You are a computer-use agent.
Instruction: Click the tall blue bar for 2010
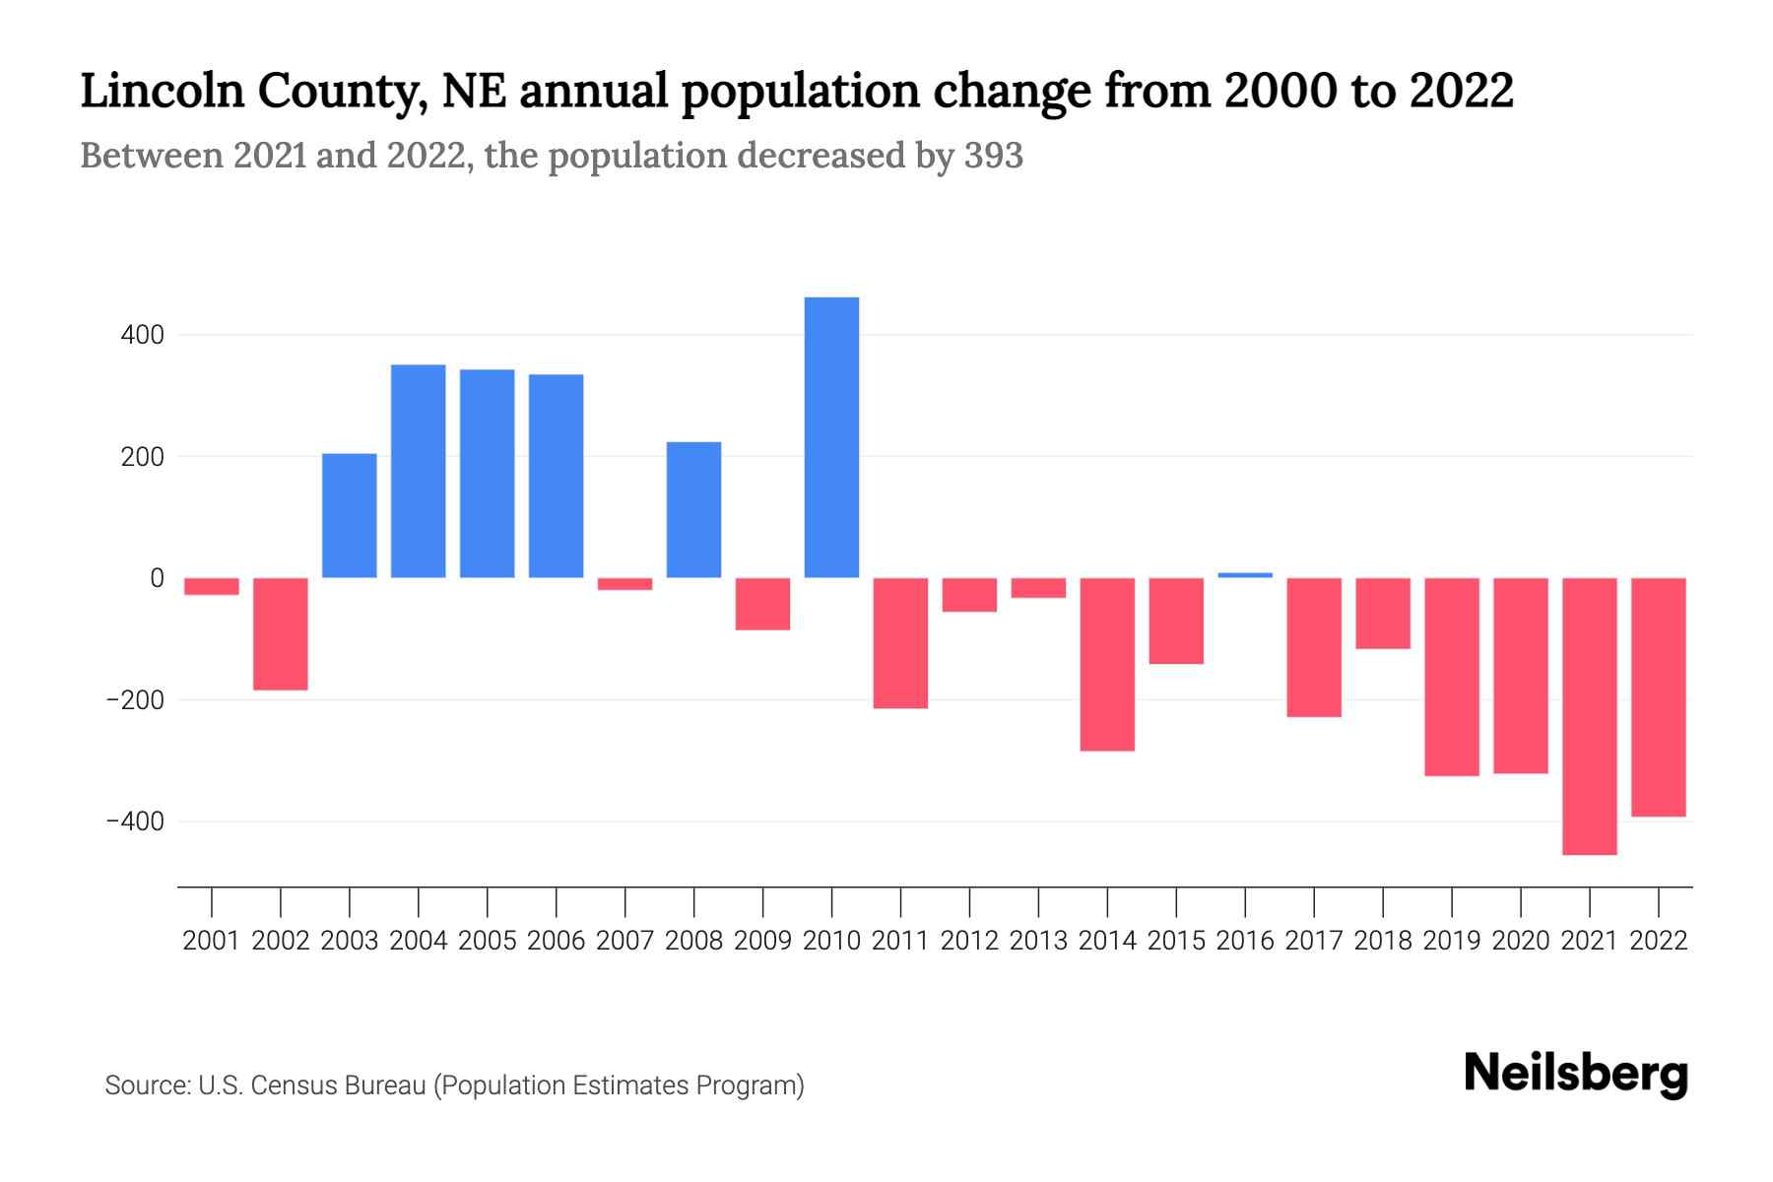tap(831, 437)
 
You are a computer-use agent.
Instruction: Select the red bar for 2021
tap(1589, 716)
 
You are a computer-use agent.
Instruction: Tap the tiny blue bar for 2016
tap(1245, 575)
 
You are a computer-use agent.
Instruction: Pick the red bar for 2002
tap(281, 634)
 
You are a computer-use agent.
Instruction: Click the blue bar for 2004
tap(419, 471)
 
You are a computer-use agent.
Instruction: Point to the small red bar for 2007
tap(624, 584)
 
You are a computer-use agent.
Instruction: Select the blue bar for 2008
tap(693, 509)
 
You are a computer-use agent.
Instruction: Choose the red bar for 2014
tap(1107, 665)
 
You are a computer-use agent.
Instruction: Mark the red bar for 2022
tap(1658, 697)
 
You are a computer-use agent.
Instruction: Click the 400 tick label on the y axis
tap(143, 336)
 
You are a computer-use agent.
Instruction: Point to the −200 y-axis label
tap(135, 700)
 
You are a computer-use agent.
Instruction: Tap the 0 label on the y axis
tap(156, 578)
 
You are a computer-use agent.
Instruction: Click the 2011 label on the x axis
tap(900, 941)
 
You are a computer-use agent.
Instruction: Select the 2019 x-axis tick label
tap(1451, 941)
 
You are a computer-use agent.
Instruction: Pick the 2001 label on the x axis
tap(212, 941)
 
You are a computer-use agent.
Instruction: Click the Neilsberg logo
tap(1575, 1074)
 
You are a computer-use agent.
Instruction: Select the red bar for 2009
tap(762, 604)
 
